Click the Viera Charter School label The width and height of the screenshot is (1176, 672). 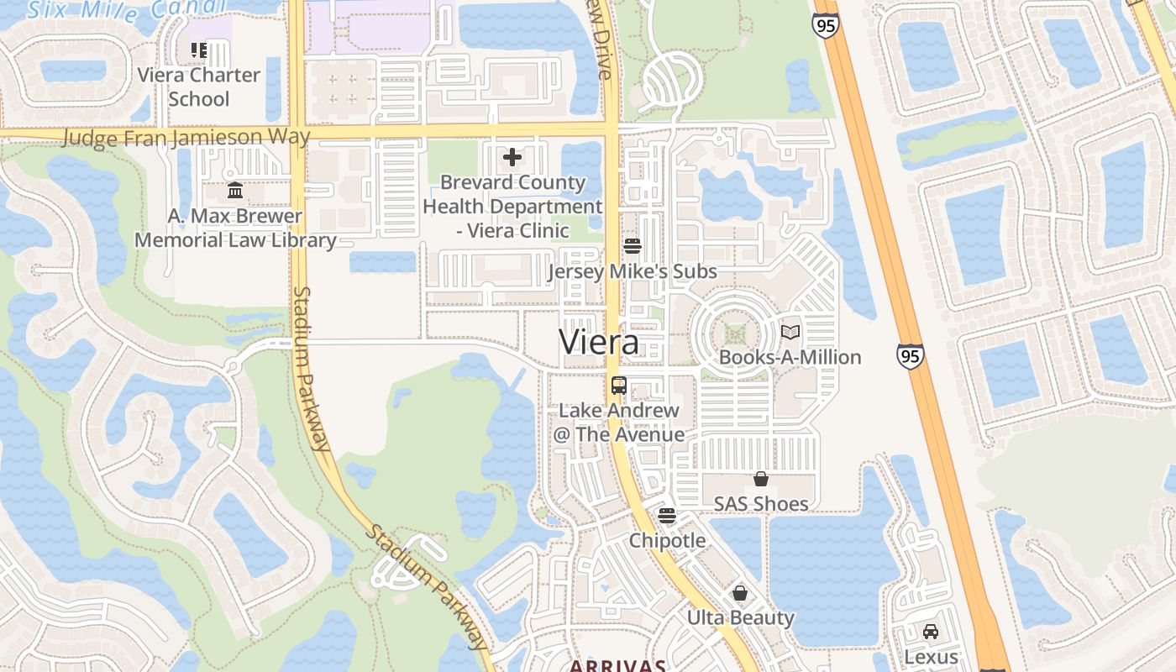click(199, 87)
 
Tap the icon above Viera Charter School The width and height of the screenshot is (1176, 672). click(198, 50)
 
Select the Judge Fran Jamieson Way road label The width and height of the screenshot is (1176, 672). click(186, 137)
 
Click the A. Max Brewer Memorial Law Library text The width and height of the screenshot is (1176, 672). click(235, 228)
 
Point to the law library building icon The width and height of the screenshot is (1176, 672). click(235, 192)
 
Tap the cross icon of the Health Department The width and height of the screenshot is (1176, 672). click(512, 157)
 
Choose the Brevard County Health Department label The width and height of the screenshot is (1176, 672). click(512, 206)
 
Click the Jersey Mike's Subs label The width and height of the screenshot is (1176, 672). click(632, 271)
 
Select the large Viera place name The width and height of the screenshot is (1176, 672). click(598, 342)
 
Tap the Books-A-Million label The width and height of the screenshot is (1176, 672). click(790, 357)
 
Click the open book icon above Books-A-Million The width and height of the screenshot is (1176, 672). click(790, 332)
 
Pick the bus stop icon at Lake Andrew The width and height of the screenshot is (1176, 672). click(619, 386)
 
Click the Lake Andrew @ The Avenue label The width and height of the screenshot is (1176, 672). click(619, 423)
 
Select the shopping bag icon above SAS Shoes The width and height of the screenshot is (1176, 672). click(761, 479)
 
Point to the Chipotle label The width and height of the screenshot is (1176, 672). click(667, 540)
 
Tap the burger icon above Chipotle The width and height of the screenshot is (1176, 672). click(667, 515)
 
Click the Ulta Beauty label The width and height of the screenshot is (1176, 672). click(740, 617)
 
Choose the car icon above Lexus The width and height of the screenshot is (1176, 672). click(931, 632)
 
